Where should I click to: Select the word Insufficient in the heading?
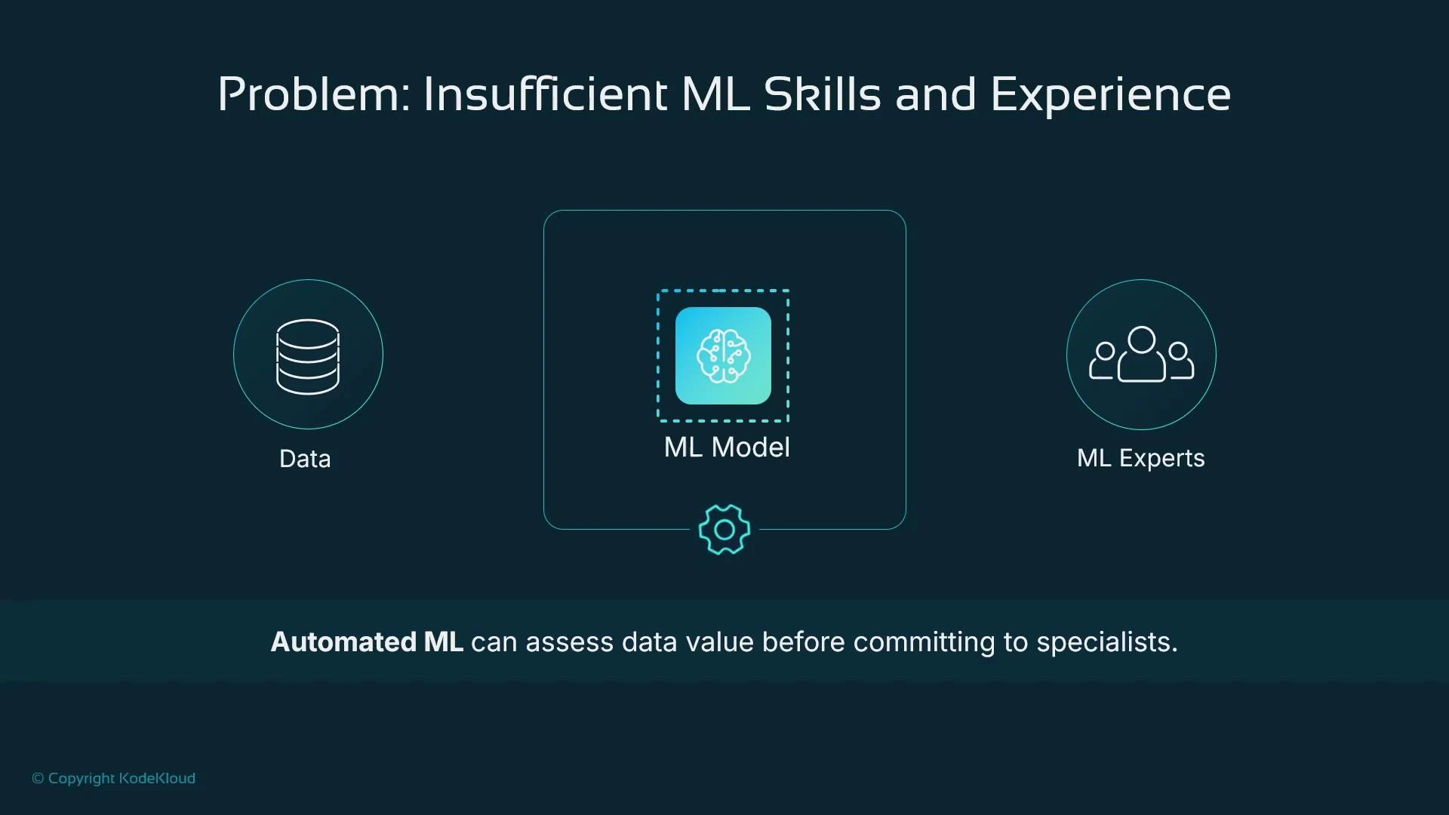tap(546, 95)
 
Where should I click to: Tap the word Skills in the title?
tap(822, 95)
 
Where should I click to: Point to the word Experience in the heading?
tap(1110, 95)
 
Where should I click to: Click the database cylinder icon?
tap(308, 356)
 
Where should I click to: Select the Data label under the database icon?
tap(305, 459)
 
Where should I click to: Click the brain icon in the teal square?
tap(723, 355)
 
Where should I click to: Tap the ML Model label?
tap(727, 447)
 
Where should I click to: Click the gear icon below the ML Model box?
tap(724, 530)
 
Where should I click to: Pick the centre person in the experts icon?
tap(1141, 355)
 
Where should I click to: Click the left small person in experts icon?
tap(1104, 361)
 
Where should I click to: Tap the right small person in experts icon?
tap(1179, 361)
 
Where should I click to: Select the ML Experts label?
tap(1140, 458)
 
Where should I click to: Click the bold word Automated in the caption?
tap(343, 642)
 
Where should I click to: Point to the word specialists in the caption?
tap(1106, 642)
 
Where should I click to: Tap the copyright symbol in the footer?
tap(38, 779)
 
